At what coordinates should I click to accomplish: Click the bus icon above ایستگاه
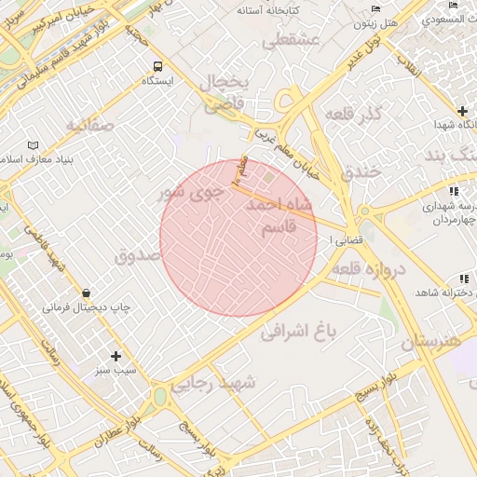tap(157, 66)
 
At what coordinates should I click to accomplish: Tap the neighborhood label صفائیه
tap(89, 124)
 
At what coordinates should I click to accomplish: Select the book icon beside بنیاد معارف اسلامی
tap(34, 146)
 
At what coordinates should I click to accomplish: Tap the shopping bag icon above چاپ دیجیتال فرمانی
tap(86, 292)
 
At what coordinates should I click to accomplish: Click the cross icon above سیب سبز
tap(116, 356)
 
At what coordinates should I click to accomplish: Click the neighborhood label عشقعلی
tap(291, 40)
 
